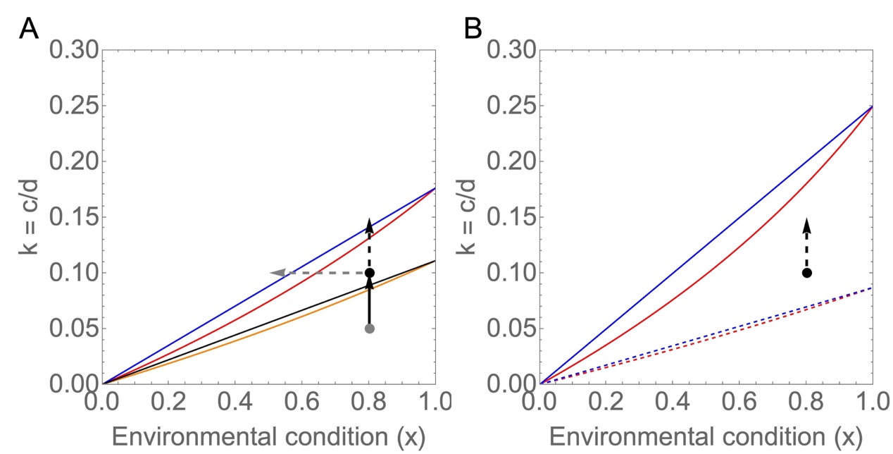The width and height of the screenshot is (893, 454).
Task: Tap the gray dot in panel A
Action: coord(369,329)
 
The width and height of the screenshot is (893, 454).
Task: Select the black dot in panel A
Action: coord(369,273)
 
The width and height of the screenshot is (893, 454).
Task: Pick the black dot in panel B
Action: coord(807,273)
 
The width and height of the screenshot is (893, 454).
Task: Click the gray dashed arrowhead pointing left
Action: coord(277,273)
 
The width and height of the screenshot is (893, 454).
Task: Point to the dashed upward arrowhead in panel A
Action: coord(369,225)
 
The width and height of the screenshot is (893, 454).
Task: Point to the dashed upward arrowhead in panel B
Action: coord(807,225)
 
